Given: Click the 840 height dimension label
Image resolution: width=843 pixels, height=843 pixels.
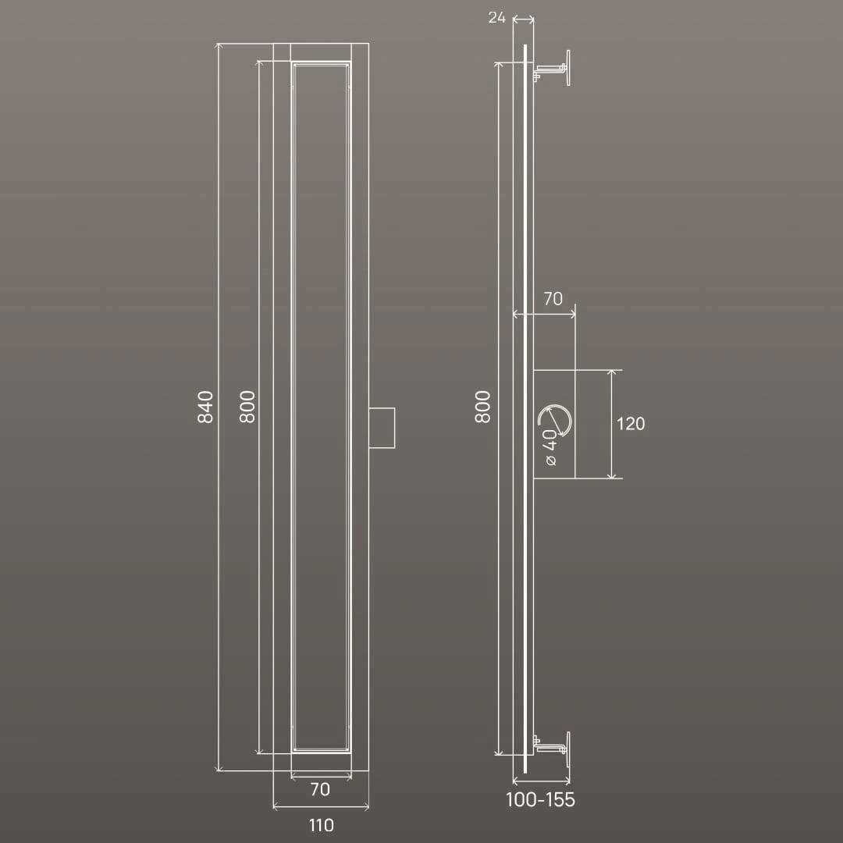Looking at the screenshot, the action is tap(205, 407).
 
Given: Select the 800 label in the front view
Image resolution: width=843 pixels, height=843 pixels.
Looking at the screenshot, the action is tap(247, 407).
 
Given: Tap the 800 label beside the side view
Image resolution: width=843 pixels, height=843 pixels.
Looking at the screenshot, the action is tap(483, 407).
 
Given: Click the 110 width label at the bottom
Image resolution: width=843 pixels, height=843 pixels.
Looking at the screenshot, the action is tap(321, 825).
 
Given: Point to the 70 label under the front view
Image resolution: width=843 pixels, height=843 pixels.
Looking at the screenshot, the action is tap(321, 789).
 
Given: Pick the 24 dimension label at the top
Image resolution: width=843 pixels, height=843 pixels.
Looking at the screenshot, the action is tap(496, 18).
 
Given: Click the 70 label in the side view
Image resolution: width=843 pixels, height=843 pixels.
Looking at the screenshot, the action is tap(553, 298).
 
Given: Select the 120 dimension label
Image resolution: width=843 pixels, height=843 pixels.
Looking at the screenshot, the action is tap(630, 424).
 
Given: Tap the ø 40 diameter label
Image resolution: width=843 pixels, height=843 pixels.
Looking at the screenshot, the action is tap(550, 447).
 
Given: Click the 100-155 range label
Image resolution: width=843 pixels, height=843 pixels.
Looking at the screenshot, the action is tap(540, 799).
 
